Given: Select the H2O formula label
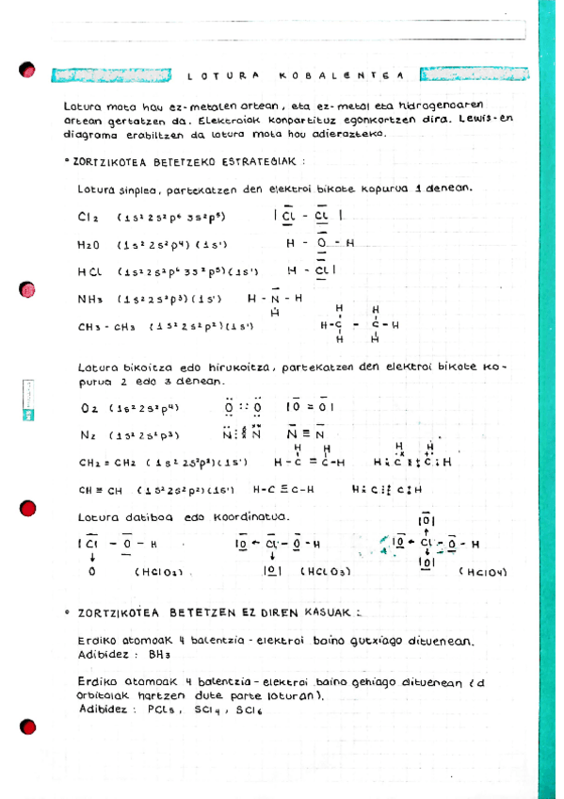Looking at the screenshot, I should coord(89,245).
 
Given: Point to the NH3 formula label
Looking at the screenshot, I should coord(89,300).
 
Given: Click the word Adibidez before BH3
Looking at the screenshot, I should coord(105,653).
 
